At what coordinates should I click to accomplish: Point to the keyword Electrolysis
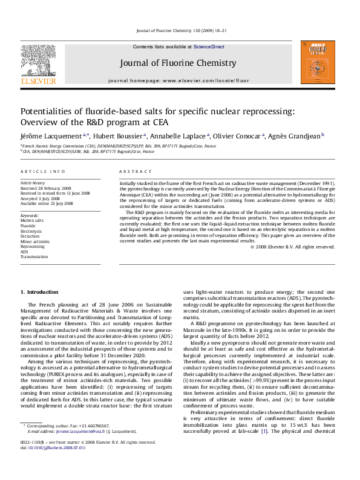(x=31, y=232)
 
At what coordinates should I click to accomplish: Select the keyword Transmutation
(x=34, y=257)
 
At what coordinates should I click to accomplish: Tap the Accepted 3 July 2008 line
(x=41, y=198)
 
